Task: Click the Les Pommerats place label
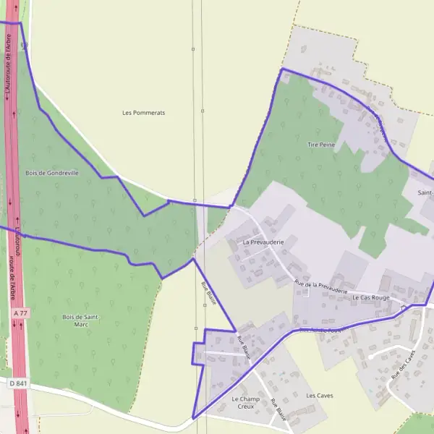(x=144, y=113)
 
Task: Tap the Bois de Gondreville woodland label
(x=51, y=173)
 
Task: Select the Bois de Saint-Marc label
(x=80, y=320)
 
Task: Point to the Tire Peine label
(x=321, y=145)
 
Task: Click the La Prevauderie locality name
(x=262, y=242)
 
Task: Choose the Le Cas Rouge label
(x=371, y=297)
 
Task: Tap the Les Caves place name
(x=319, y=396)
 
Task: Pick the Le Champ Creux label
(x=245, y=403)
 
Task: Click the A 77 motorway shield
(x=20, y=313)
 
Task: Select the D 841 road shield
(x=18, y=383)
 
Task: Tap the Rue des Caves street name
(x=401, y=365)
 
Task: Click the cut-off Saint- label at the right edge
(x=425, y=192)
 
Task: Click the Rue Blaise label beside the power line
(x=208, y=294)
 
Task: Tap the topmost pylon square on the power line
(x=193, y=49)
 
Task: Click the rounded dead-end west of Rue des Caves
(x=371, y=357)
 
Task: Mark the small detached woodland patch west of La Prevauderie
(x=216, y=221)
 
